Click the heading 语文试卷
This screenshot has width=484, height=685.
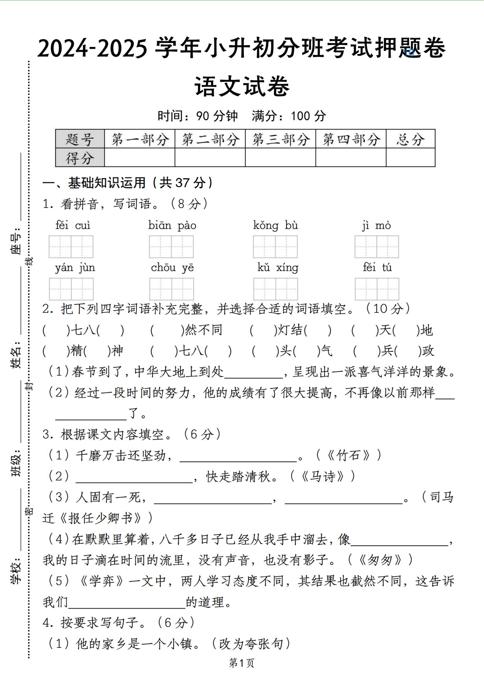[x=242, y=86]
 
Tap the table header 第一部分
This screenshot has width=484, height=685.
[x=140, y=139]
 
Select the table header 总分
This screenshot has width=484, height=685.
[x=410, y=139]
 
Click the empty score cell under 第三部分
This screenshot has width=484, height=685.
[x=280, y=158]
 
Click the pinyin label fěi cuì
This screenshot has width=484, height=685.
[x=73, y=225]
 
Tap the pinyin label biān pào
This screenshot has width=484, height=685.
[x=172, y=225]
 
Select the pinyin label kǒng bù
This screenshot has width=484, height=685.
[x=275, y=225]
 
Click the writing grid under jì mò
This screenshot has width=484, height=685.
[x=376, y=247]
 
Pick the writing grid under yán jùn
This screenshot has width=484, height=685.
[x=71, y=289]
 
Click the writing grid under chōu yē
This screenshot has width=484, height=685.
[x=171, y=289]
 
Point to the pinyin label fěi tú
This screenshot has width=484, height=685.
[x=377, y=267]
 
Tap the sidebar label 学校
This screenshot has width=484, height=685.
[x=16, y=570]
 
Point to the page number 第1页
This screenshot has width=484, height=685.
[x=242, y=663]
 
